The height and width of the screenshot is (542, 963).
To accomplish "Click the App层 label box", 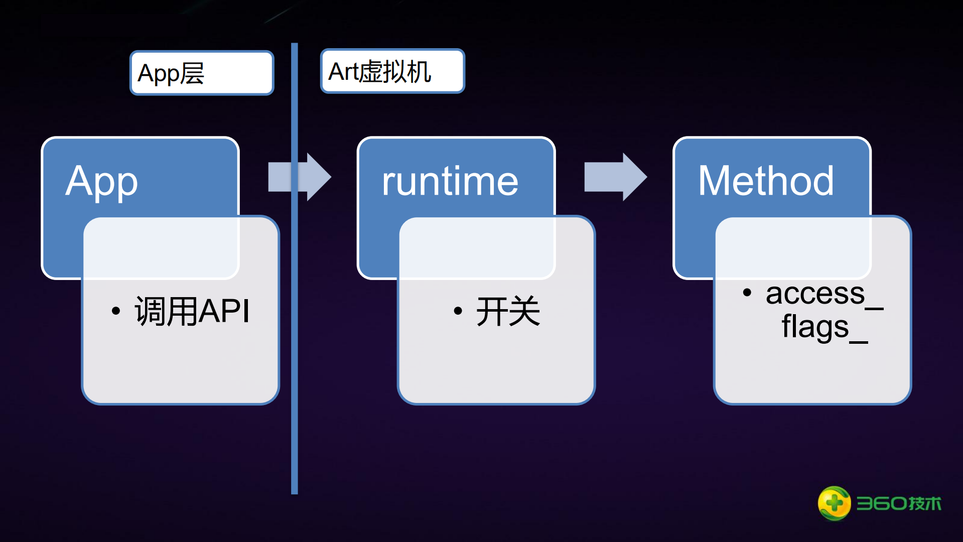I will click(202, 73).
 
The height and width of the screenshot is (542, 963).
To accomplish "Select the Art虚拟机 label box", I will click(392, 71).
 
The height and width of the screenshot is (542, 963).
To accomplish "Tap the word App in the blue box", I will click(102, 182).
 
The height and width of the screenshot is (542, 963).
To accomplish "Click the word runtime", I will click(450, 181).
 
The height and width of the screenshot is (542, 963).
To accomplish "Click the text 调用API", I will click(192, 311).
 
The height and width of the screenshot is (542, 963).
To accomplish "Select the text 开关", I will click(508, 311).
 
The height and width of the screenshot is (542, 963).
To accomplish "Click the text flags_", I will click(824, 327).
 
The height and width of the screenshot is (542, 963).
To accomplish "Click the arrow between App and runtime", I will click(300, 177).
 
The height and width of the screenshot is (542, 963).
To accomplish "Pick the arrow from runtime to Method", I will click(615, 177).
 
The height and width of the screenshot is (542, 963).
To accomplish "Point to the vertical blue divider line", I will click(295, 351).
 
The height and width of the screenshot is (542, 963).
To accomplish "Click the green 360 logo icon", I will click(834, 503).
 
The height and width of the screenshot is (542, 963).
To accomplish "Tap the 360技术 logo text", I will click(899, 503).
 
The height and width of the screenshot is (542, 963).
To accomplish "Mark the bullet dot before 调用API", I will click(116, 311).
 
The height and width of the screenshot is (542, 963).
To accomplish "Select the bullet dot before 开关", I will click(458, 311).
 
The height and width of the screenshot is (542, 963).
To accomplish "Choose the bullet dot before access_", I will click(747, 293).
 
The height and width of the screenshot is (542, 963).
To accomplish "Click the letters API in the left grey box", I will click(224, 311).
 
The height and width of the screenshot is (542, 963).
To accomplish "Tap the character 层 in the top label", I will click(192, 73).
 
